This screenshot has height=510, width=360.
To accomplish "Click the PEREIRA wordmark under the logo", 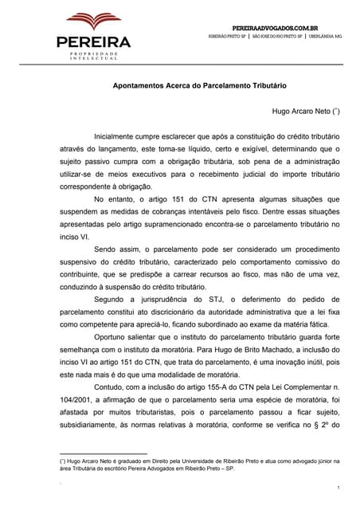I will coord(93,42).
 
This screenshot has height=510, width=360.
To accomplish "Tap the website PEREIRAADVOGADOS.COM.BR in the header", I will coord(281,27).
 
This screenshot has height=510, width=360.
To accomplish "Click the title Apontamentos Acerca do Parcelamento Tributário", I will coord(198,84).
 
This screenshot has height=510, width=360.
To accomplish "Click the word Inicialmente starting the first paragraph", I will coord(117,136).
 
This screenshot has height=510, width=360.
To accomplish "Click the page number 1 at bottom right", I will coord(338,488).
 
